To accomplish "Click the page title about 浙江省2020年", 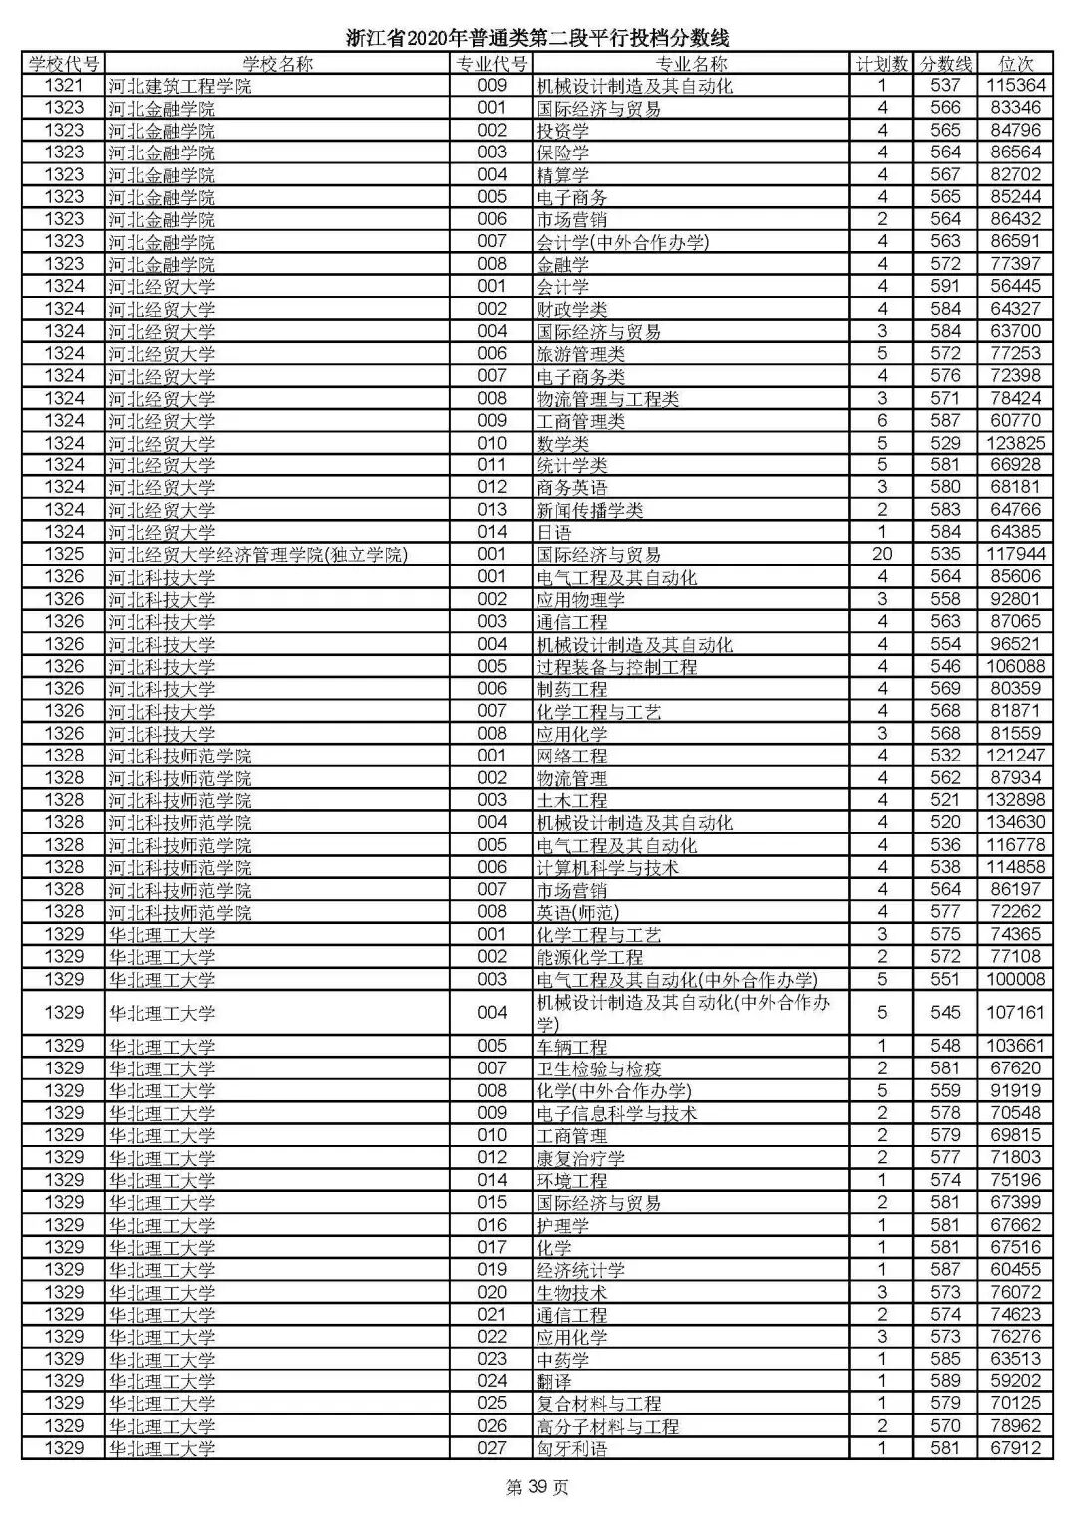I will pos(538,39).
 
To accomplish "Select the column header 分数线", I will pos(945,64).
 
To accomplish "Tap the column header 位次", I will pos(1015,64).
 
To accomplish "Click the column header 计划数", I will pos(882,64).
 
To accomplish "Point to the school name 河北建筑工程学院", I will pos(179,86).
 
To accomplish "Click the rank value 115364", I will pos(1015,86).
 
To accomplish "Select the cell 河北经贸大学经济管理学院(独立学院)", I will pos(258,554).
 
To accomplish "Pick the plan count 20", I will pos(882,554).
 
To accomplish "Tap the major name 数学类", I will pos(562,443).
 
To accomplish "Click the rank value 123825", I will pos(1015,443).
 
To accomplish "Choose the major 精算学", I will pos(562,174).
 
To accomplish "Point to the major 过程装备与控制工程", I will pos(616,666).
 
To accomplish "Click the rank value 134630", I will pos(1015,822).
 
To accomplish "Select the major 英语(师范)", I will pos(577,912).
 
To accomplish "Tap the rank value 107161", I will pos(1015,1012).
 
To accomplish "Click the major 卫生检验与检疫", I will pos(598,1068).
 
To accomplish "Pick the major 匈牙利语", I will pos(571,1448).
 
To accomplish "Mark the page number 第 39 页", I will pos(538,1488).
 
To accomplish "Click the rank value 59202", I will pos(1015,1381).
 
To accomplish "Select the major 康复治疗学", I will pos(580,1158).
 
